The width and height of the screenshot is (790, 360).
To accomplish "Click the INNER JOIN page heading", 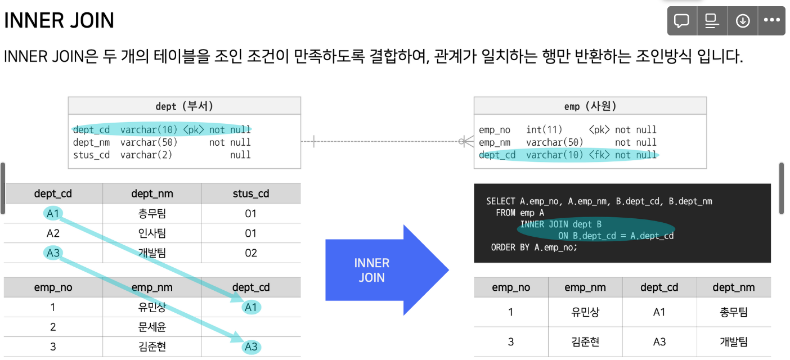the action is [x=59, y=21].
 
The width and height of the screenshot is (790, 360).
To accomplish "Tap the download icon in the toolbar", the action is [x=743, y=21].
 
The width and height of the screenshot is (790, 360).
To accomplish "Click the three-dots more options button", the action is [x=771, y=21].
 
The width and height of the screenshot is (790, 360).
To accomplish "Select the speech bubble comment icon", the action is [x=682, y=21].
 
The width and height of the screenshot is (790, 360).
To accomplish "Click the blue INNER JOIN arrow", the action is [x=383, y=271].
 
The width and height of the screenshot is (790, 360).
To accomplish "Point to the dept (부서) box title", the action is [x=184, y=106].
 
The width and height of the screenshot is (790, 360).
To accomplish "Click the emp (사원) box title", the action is [x=590, y=106].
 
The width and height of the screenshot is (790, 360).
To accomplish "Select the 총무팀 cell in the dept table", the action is [x=152, y=214].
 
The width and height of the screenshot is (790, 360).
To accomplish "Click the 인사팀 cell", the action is [x=152, y=233].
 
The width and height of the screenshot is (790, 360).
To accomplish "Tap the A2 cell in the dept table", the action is [x=53, y=233].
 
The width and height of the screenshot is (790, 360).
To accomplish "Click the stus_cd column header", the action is [x=251, y=194].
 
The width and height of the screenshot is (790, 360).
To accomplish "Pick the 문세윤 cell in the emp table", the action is [x=152, y=327].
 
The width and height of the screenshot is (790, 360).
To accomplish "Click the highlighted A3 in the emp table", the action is [x=251, y=347].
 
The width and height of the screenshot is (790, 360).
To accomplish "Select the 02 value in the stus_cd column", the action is [x=251, y=253].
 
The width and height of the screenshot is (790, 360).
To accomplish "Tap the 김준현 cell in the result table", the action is [x=585, y=342].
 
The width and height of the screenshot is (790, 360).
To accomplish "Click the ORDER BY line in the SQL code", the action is [x=534, y=247].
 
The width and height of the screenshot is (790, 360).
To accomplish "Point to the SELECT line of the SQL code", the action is [x=599, y=201].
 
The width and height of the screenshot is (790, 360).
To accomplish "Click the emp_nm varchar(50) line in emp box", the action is [x=567, y=142].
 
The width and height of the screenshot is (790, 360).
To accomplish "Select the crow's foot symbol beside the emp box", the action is [x=465, y=142].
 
